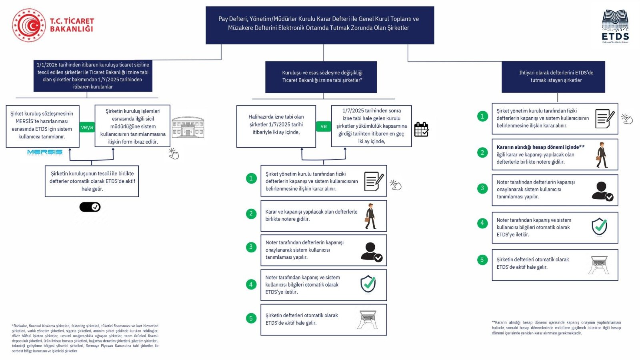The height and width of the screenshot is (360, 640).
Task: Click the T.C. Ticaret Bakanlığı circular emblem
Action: pos(29,25)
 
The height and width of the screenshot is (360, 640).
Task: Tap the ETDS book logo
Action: pos(615,26)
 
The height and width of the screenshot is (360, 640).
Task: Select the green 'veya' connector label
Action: pos(87,127)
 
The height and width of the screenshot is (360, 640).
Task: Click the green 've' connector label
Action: pos(323,126)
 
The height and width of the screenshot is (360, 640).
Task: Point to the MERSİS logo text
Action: pos(45,152)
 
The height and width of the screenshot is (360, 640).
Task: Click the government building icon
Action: pos(188,128)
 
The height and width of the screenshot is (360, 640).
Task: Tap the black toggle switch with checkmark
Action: pos(90,207)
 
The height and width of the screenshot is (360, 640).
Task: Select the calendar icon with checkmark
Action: pos(421,129)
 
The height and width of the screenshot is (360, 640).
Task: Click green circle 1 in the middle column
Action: pos(251,178)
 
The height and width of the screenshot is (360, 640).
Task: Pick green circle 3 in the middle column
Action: pos(251,247)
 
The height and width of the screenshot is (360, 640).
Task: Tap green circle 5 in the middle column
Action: pos(251,318)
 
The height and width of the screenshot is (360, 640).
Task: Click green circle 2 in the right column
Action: pos(482,152)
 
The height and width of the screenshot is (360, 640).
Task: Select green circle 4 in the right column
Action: pos(482,223)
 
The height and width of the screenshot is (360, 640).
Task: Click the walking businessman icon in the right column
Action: pos(601,155)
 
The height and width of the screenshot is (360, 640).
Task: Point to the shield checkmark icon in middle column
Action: pos(368,284)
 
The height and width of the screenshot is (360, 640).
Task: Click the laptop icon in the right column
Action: pos(598,264)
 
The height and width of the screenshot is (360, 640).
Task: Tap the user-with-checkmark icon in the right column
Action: pos(602,191)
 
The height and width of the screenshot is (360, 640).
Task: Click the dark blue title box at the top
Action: pos(320,25)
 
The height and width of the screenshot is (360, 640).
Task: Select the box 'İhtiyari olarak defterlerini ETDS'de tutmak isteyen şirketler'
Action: pos(553,77)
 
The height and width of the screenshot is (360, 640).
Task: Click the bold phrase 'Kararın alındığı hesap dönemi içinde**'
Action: pos(540,147)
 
